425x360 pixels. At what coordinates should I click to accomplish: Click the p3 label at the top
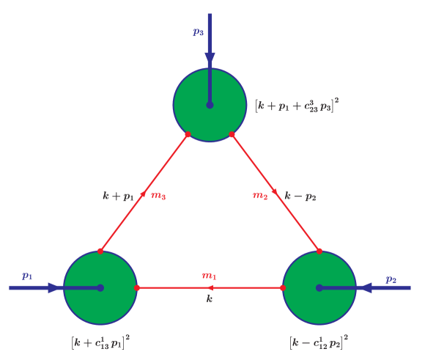tap(198, 32)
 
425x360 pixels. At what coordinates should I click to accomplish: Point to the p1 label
tap(27, 276)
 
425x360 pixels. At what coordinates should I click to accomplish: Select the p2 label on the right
tap(391, 279)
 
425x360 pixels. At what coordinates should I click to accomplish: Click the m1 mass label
tap(209, 276)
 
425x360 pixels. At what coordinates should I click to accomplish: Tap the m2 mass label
tap(260, 196)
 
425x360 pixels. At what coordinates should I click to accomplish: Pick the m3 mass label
tap(158, 196)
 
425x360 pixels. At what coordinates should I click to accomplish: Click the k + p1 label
tap(118, 196)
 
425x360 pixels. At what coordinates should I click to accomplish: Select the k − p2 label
tap(300, 196)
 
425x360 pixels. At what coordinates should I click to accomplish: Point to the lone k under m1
tap(209, 299)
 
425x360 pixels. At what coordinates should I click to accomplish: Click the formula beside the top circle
tap(296, 105)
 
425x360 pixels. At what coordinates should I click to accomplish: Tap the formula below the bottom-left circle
tap(100, 341)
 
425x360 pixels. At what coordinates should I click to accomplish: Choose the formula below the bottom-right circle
tap(319, 341)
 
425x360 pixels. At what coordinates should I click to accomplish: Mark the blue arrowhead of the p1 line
tap(53, 288)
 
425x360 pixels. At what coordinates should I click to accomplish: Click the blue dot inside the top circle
tap(210, 105)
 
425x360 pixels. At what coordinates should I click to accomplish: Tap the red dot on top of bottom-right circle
tap(319, 251)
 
